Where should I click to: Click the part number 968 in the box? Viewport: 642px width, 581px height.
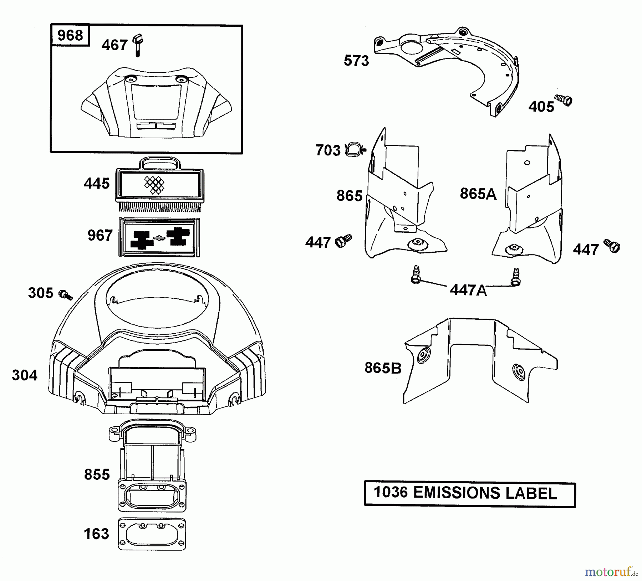(70, 35)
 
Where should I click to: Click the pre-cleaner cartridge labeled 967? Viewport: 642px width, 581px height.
(159, 237)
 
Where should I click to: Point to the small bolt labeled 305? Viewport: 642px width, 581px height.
(66, 295)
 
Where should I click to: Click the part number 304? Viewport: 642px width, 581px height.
(25, 375)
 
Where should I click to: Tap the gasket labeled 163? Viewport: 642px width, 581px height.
(152, 534)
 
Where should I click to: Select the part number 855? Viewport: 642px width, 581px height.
(97, 474)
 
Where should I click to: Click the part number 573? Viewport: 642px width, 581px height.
(356, 61)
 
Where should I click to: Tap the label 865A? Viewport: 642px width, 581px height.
(478, 194)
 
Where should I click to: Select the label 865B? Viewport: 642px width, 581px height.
(383, 368)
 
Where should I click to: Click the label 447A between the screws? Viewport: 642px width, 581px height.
(468, 290)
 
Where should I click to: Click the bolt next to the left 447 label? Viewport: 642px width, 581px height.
(343, 241)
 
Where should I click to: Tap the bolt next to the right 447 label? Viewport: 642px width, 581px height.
(612, 246)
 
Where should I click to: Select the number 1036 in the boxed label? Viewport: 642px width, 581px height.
(391, 493)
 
